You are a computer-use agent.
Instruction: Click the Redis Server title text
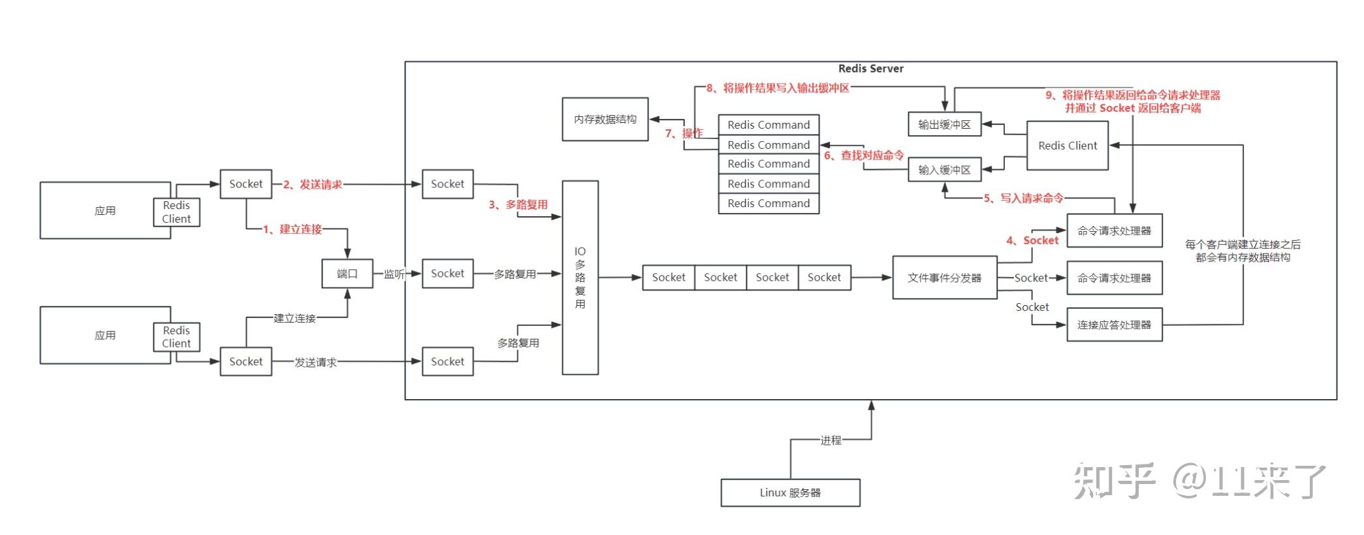(x=870, y=69)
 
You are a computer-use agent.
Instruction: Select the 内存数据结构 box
(x=605, y=120)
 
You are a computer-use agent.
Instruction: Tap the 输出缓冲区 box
(x=945, y=124)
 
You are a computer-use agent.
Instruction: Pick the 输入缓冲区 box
(x=945, y=170)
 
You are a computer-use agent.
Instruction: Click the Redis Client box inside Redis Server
(x=1068, y=146)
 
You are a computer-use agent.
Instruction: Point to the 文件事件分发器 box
(x=945, y=278)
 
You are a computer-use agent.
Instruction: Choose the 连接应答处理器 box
(x=1115, y=325)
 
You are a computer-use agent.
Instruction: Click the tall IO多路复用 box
(x=580, y=278)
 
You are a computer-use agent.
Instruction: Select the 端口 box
(x=347, y=274)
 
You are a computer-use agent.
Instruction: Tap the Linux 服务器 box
(x=790, y=493)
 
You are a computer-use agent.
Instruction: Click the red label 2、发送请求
(x=312, y=185)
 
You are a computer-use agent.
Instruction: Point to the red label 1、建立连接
(x=293, y=229)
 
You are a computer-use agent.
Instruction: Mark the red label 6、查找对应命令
(x=864, y=155)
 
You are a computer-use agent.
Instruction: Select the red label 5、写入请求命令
(x=1023, y=198)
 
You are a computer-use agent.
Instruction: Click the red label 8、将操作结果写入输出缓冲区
(x=778, y=88)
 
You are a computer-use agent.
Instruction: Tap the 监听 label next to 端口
(x=394, y=274)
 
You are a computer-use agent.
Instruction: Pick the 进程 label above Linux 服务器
(x=831, y=440)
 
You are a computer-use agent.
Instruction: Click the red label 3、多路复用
(x=518, y=204)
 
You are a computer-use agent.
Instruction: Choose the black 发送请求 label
(x=315, y=362)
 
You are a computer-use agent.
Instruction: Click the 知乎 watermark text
(x=1115, y=481)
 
